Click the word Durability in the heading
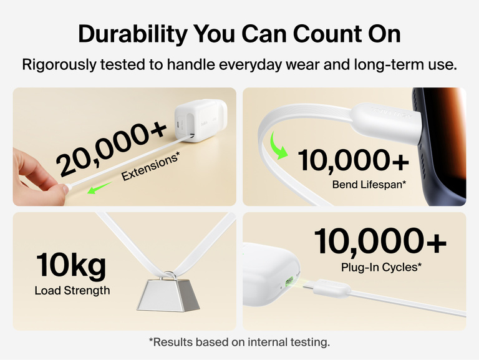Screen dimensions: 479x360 133,34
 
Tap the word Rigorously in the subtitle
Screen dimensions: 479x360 59,65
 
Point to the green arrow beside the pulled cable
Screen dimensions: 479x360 99,187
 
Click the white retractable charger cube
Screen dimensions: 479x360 201,121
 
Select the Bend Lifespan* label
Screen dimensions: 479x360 369,185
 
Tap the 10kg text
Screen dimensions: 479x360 71,265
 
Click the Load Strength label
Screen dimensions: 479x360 72,290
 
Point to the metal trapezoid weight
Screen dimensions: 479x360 168,295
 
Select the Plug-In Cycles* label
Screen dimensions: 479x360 381,268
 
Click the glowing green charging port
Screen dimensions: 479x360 289,281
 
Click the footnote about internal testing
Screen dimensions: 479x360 239,342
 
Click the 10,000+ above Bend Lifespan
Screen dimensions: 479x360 353,160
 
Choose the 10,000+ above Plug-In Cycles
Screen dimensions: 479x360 380,241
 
